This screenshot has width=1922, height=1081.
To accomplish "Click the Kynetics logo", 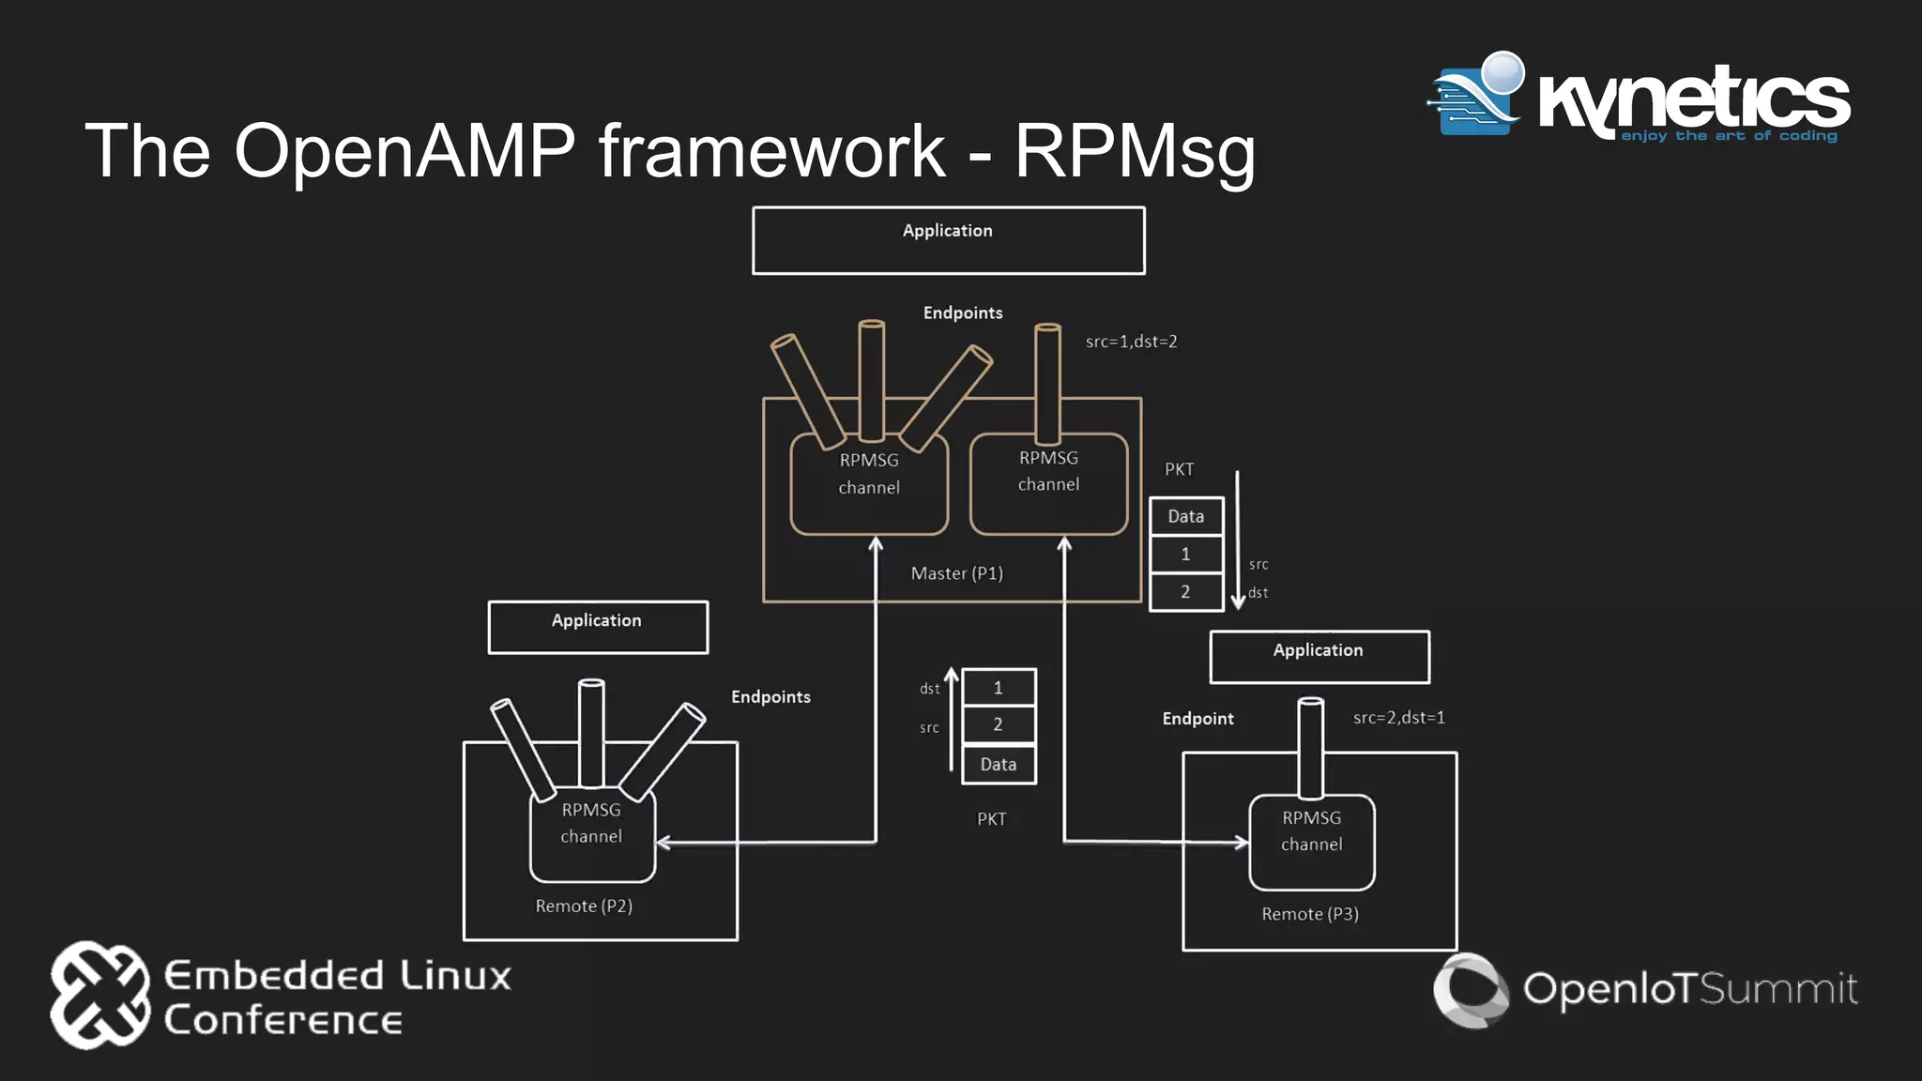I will pos(1638,99).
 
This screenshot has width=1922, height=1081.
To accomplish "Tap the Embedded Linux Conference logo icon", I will pos(99,995).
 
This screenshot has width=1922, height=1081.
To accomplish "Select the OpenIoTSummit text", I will pos(1689,989).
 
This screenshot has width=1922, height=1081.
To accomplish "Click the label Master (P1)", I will pos(956,573).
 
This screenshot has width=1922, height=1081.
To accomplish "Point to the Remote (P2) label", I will pos(584,906).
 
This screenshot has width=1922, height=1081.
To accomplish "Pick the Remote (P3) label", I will pos(1310,914).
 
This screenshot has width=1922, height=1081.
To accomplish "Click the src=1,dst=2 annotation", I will pos(1131,342).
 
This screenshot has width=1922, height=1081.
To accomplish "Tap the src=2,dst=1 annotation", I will pos(1398,718).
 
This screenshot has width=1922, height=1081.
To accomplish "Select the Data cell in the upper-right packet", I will pos(1186,516).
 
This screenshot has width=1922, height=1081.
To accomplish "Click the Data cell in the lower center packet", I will pos(999,765).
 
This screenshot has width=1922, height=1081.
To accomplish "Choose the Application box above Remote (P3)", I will pos(1319,657).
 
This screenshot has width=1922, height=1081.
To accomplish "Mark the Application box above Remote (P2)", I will pos(598,627).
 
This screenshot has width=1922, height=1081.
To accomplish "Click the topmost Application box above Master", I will pos(948,240).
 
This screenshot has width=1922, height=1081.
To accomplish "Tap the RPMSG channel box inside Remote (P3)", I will pos(1311,842).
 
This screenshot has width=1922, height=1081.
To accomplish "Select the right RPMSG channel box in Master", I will pos(1048,484).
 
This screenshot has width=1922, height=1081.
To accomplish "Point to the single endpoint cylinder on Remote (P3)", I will pos(1310,746).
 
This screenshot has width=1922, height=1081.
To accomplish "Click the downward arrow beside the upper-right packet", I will pos(1237,540).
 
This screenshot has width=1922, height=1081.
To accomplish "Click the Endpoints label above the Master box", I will pos(962,313).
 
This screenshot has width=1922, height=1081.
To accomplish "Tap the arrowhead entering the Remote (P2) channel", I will pos(663,843).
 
